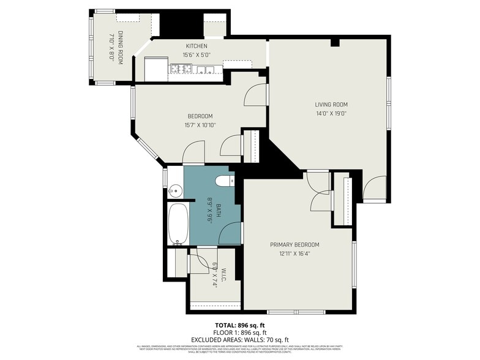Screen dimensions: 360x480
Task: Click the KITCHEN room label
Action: coord(197,46)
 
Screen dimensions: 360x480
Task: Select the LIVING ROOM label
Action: coord(331,104)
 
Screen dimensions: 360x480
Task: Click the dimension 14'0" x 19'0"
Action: coord(331,113)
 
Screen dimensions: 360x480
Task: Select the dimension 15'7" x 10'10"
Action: coord(200,125)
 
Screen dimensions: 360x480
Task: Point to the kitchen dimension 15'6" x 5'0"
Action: coord(197,54)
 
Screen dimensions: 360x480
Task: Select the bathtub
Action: coord(179,223)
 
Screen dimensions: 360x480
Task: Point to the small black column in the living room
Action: coord(334,43)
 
